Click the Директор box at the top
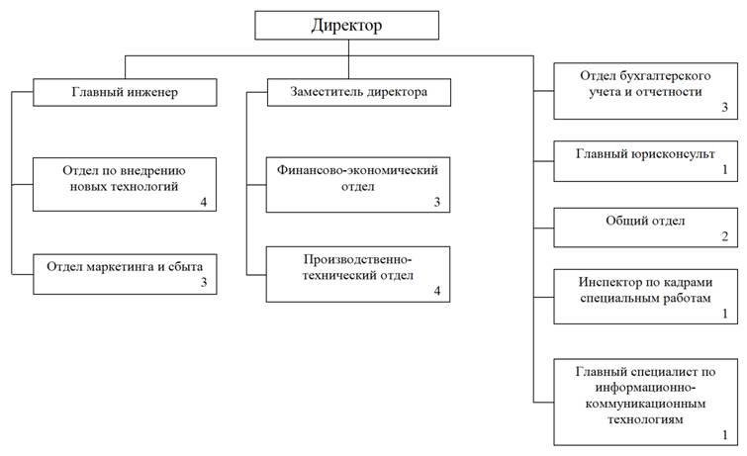click(x=346, y=25)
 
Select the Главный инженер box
click(x=125, y=93)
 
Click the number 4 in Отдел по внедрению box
click(x=204, y=202)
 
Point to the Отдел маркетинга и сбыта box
click(x=124, y=274)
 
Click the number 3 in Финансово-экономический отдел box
click(x=435, y=202)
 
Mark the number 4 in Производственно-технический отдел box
click(x=435, y=292)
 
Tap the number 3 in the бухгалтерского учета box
click(x=724, y=107)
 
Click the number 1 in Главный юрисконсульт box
click(x=724, y=170)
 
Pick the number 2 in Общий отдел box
click(x=724, y=237)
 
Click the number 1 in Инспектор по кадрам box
click(x=724, y=314)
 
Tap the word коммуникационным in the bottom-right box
click(x=643, y=404)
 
